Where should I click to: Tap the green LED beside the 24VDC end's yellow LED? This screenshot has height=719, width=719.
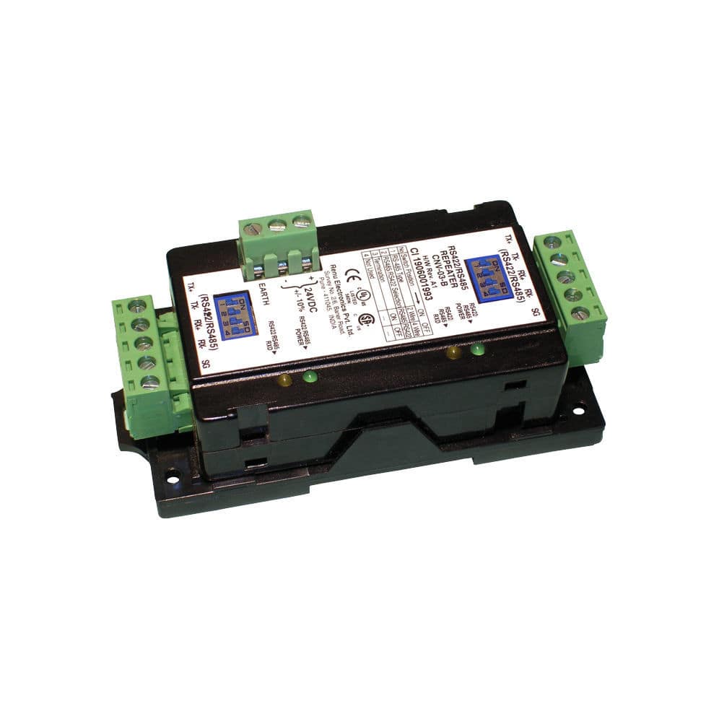308,376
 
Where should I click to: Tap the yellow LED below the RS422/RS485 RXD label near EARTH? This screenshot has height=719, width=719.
285,380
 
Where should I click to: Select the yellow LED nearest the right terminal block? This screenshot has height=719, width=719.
453,354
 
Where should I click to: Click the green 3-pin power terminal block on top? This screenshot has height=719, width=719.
276,243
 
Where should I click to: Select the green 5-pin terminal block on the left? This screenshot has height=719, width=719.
145,354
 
